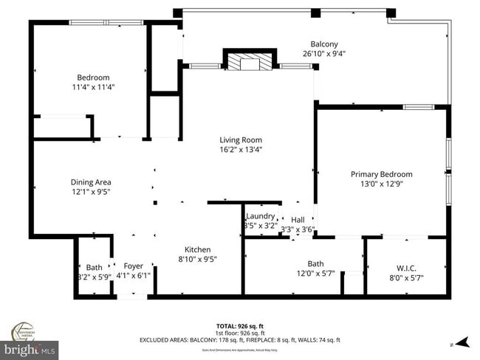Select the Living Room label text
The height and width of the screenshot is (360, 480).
[241, 139]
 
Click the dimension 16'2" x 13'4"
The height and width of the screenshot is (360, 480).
[241, 149]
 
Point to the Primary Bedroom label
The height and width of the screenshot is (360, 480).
[381, 174]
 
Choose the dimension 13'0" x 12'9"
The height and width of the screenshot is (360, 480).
[381, 184]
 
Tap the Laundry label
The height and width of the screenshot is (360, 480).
[260, 216]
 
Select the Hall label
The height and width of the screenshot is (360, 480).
[298, 220]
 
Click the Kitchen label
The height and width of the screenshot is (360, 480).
[197, 249]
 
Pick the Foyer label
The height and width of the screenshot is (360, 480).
[134, 267]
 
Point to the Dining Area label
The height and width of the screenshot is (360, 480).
[91, 181]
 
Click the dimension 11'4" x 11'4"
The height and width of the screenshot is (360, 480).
[93, 87]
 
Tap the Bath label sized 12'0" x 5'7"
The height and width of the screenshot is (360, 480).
[315, 263]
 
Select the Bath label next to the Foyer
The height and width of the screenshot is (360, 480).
[94, 267]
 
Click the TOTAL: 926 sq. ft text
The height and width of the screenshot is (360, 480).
[239, 325]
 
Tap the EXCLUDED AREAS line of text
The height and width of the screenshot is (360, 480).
[239, 340]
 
